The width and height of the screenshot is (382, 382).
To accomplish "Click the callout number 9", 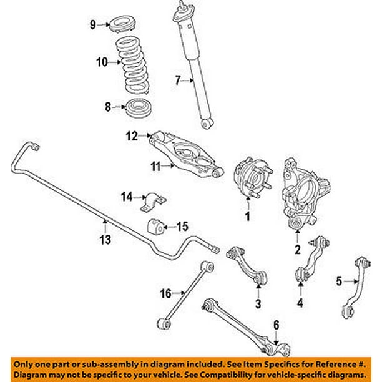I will (92, 25).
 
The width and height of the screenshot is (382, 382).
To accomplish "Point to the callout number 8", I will (109, 107).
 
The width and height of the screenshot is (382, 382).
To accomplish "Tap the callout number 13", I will (105, 240).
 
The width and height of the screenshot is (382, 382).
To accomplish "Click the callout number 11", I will (154, 165).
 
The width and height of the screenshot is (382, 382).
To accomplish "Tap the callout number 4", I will (300, 304).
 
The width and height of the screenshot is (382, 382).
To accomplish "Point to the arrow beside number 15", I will (169, 226).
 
